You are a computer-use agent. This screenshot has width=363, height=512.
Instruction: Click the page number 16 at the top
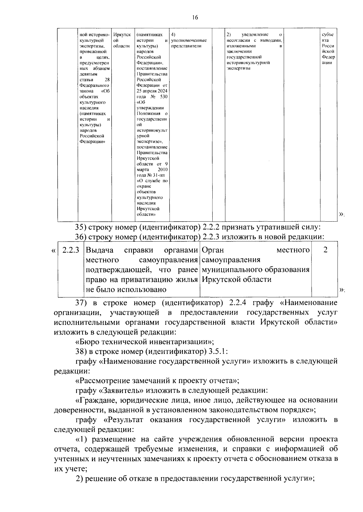[195, 18]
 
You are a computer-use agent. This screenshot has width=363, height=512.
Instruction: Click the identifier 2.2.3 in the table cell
[70, 250]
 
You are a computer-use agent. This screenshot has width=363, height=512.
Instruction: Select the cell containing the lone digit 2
[325, 250]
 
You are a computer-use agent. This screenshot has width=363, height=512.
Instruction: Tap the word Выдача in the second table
[100, 250]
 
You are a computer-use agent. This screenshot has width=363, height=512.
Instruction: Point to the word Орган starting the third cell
[212, 250]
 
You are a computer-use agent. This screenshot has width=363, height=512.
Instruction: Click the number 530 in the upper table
[164, 97]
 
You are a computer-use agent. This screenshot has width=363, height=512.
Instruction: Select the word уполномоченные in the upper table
[189, 40]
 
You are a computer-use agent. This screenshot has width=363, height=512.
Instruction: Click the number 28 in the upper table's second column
[107, 80]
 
